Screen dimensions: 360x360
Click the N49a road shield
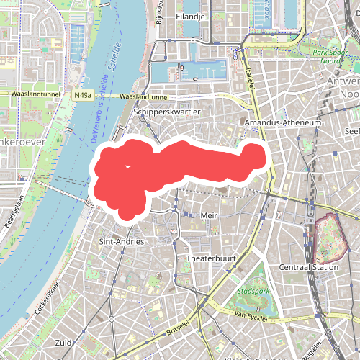coord(81,95)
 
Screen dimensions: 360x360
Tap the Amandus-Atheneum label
coord(282,124)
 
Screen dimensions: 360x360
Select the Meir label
coord(209,215)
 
